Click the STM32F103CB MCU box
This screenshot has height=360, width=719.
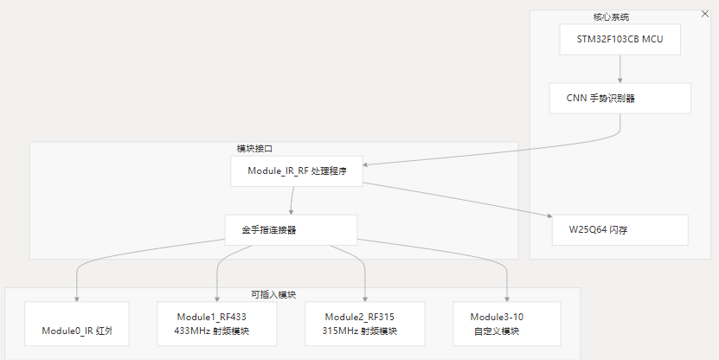point(619,40)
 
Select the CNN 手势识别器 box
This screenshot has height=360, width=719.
point(619,98)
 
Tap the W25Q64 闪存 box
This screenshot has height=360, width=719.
point(619,230)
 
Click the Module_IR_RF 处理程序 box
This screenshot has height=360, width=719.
point(296,171)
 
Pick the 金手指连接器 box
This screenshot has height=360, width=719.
point(291,230)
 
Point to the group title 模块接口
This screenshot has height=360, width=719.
point(255,148)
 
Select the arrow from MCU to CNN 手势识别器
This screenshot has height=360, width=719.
point(619,68)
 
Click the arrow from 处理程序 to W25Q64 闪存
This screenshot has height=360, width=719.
point(459,199)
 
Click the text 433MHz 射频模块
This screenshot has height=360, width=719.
point(210,331)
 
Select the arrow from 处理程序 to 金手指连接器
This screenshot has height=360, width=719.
point(292,201)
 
